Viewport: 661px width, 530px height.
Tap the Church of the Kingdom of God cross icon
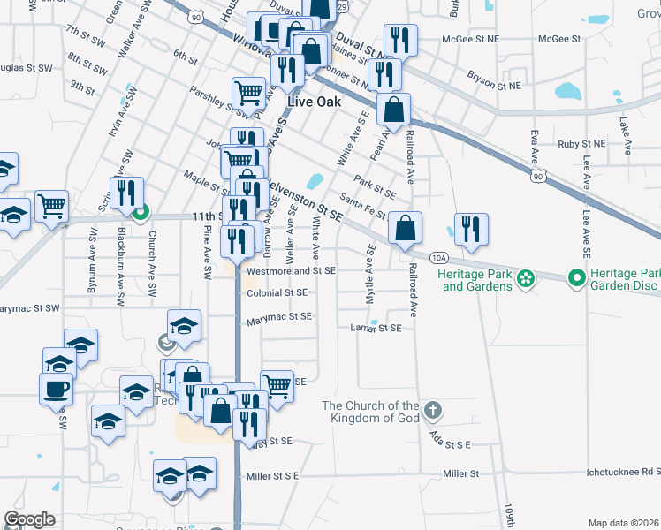coord(432,410)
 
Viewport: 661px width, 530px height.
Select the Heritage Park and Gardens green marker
coord(526,278)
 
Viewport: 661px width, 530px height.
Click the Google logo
coord(29,519)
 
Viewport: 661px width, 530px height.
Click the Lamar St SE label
coord(376,328)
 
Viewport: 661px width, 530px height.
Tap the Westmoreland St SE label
coord(291,271)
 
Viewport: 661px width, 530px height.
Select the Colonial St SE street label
coord(277,292)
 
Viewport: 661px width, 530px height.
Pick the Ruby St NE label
coord(581,143)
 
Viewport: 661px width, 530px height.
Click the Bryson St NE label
coord(495,87)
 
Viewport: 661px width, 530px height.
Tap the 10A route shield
coord(441,257)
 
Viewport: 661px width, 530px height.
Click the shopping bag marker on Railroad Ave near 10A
coord(404,229)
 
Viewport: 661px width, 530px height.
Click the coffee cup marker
coord(56,388)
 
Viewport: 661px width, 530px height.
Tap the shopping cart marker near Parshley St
coord(248,92)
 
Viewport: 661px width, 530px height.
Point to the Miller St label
coord(460,474)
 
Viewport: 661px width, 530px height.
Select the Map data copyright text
coord(621,523)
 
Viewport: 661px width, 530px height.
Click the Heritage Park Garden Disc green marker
coord(577,278)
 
